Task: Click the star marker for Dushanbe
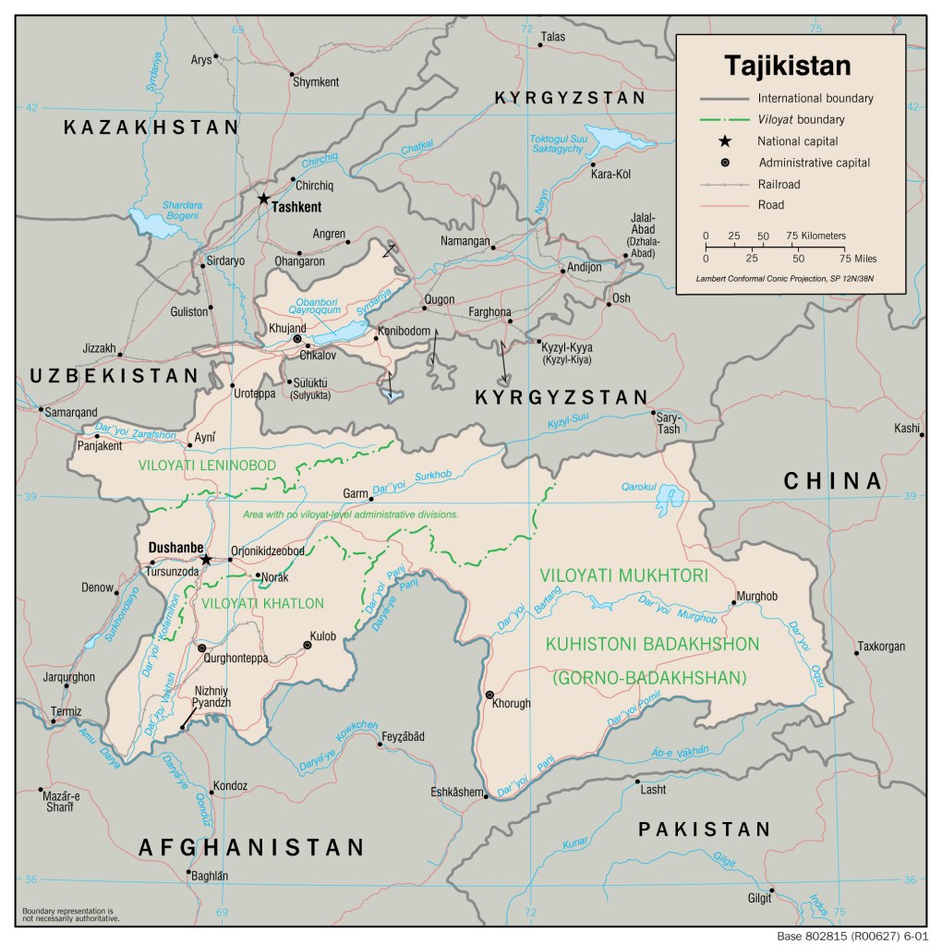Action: pyautogui.click(x=206, y=559)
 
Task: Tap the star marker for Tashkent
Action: pyautogui.click(x=263, y=199)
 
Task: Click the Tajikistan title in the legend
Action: pyautogui.click(x=787, y=66)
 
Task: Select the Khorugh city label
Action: pyautogui.click(x=512, y=703)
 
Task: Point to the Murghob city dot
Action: pyautogui.click(x=734, y=602)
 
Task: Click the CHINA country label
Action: pyautogui.click(x=833, y=480)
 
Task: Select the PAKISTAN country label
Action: pyautogui.click(x=704, y=829)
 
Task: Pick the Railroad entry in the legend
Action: pyautogui.click(x=779, y=184)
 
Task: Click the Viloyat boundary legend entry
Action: pyautogui.click(x=801, y=119)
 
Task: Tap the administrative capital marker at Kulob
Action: pyautogui.click(x=308, y=646)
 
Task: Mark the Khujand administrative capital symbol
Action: pyautogui.click(x=297, y=339)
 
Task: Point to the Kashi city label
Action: pyautogui.click(x=906, y=428)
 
